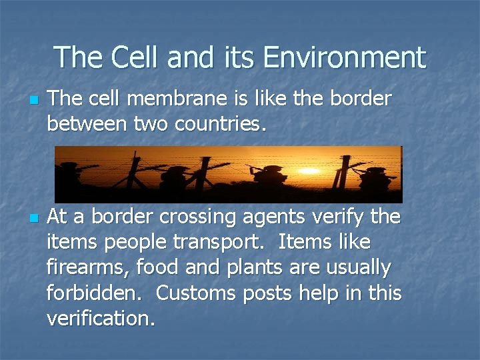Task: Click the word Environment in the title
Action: [344, 57]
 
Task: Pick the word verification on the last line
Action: [101, 318]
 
